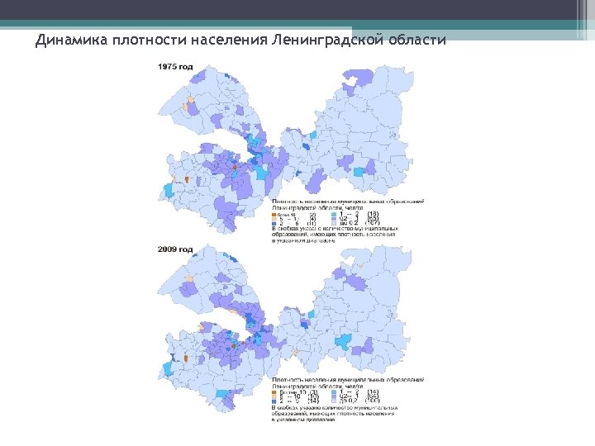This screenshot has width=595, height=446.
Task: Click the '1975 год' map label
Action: (175, 66)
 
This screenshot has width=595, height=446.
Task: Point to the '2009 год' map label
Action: (175, 249)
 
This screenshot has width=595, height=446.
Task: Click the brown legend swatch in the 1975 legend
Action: (276, 214)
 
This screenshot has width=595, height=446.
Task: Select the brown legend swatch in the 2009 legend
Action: (276, 391)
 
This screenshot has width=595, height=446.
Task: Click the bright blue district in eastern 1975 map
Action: (359, 173)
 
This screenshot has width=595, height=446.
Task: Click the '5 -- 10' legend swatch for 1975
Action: (276, 219)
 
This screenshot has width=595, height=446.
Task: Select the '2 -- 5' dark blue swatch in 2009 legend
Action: (276, 401)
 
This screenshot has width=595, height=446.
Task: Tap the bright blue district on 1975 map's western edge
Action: (169, 190)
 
